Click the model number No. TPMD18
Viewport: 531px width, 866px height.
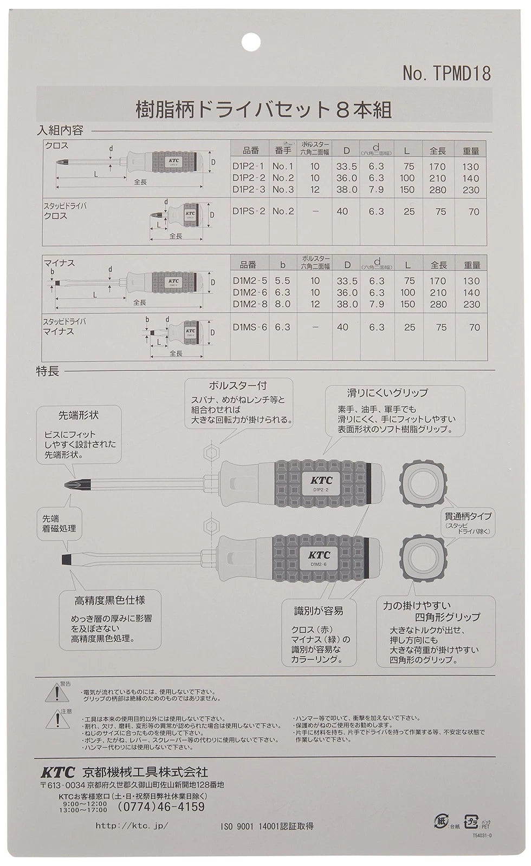point(446,74)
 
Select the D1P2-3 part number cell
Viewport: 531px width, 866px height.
point(249,189)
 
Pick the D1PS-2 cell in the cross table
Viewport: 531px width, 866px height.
point(249,212)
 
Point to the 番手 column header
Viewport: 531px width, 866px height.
point(282,150)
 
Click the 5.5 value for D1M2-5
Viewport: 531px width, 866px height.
point(282,281)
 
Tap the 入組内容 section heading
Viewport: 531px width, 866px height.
point(60,130)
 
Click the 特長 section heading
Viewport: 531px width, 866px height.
point(47,371)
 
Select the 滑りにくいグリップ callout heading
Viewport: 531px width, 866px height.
point(387,393)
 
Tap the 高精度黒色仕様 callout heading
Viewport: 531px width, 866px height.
point(109,600)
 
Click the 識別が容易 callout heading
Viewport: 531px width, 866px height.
point(319,611)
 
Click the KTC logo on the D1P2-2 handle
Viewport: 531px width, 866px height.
point(321,480)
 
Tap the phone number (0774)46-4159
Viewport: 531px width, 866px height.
point(161,807)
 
